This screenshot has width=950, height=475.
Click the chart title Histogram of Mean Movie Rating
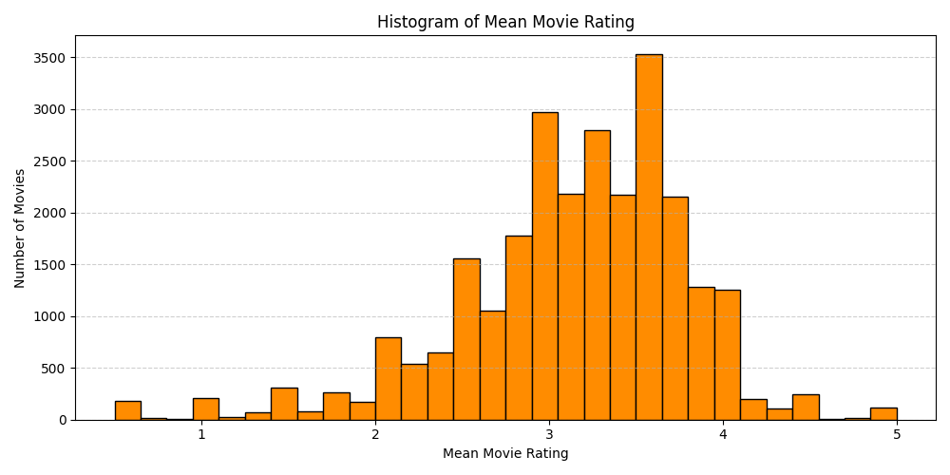(505, 22)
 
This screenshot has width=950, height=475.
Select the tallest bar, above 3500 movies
(649, 237)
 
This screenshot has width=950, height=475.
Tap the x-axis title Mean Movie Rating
(505, 454)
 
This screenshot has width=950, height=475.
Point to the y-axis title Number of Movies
(20, 228)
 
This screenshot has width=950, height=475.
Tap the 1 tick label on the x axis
(201, 435)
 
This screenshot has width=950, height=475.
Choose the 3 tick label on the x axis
(549, 435)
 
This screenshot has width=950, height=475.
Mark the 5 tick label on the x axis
(897, 435)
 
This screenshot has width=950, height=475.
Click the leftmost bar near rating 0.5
(127, 410)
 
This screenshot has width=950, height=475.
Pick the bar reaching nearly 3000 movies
(544, 266)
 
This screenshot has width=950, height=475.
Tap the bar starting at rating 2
(388, 378)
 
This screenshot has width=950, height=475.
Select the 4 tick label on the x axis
(723, 435)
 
